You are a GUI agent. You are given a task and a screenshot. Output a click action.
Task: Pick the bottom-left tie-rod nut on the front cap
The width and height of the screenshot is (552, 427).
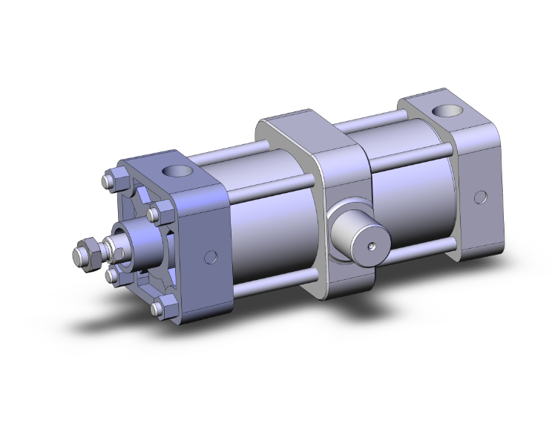pyautogui.click(x=114, y=276)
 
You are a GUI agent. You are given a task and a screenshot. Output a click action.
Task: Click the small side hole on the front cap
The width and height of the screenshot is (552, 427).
pyautogui.click(x=211, y=258)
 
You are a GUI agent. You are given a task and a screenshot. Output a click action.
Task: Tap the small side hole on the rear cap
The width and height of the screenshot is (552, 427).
pyautogui.click(x=481, y=198)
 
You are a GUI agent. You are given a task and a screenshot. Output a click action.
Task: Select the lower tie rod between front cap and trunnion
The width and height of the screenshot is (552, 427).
pyautogui.click(x=275, y=281)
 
